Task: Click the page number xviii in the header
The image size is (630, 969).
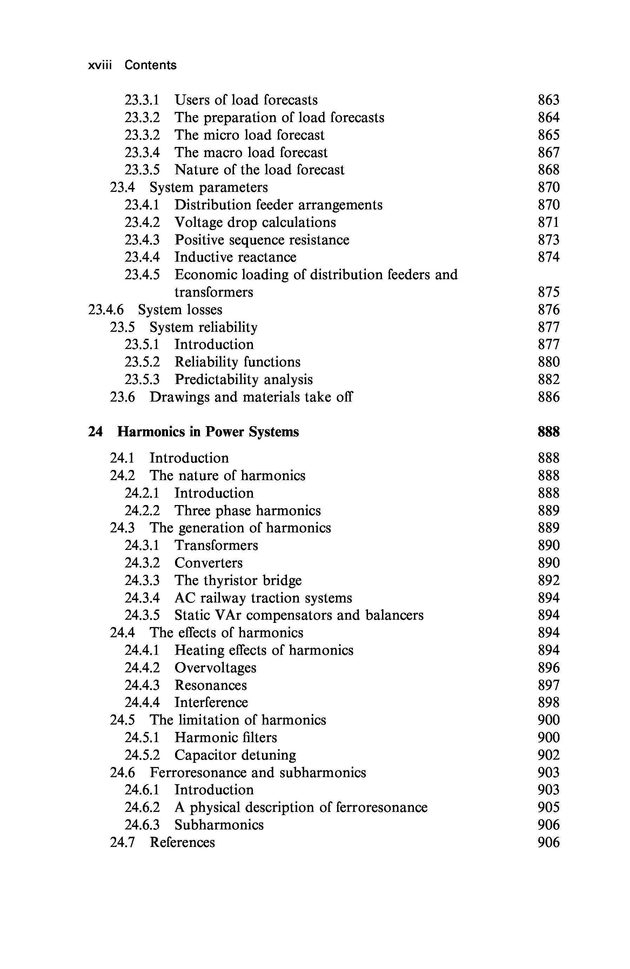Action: coord(100,65)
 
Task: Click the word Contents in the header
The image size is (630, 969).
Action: coord(150,65)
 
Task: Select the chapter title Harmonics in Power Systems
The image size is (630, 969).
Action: coord(208,432)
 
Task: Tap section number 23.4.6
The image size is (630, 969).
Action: coord(106,310)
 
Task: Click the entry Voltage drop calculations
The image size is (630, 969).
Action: coord(255,222)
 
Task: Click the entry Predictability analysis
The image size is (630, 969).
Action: coord(243,379)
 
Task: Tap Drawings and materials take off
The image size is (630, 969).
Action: coord(251,397)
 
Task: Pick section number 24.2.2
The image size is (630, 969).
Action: coord(142,511)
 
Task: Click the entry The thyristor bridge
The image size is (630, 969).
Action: coord(238,580)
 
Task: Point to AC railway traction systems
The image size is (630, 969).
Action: coord(263,598)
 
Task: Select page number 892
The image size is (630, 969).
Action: coord(549,580)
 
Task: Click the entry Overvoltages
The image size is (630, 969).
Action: coord(215,668)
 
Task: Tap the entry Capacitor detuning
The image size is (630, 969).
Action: coord(235,755)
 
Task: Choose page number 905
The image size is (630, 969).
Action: coord(549,808)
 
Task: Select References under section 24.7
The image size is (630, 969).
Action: coord(182,842)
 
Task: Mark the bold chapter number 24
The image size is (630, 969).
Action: coord(95,432)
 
